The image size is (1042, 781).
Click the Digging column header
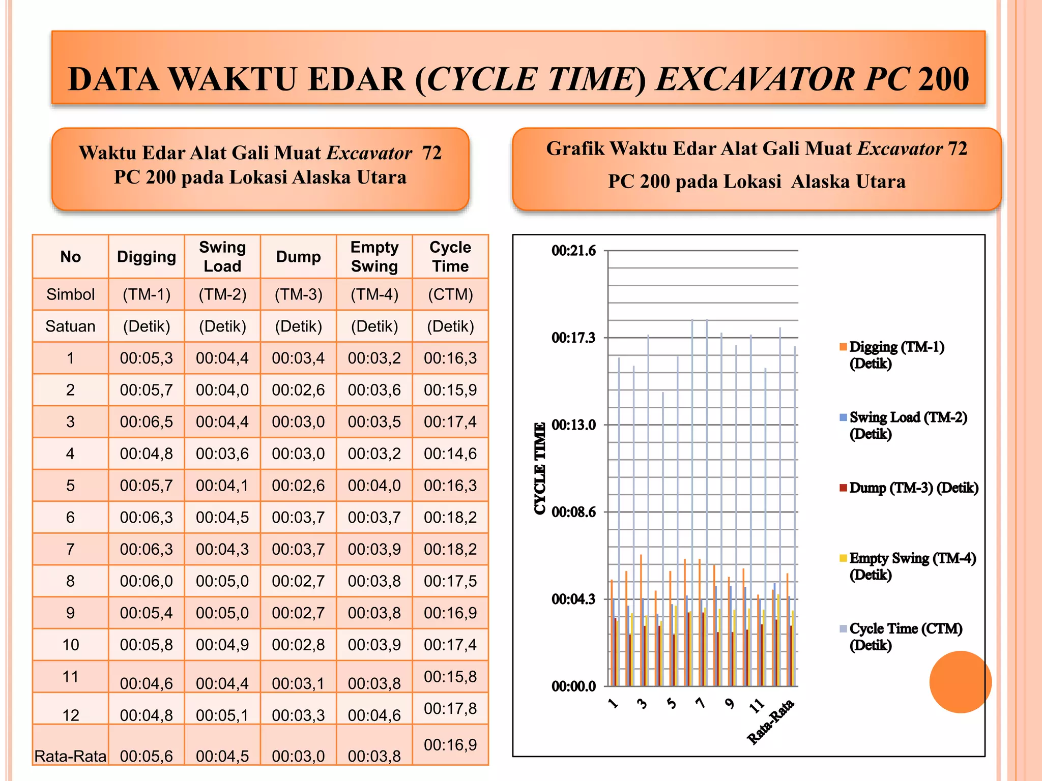point(147,257)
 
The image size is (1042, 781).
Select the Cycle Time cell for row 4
point(450,454)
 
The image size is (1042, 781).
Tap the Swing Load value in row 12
point(222,715)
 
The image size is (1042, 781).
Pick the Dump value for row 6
point(298,517)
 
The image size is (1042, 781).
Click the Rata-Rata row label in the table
point(70,756)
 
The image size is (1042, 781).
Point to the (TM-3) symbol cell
point(299,294)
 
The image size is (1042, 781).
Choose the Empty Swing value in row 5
point(374,486)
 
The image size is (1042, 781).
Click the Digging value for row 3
point(147,422)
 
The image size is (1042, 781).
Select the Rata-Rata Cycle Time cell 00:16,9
point(450,745)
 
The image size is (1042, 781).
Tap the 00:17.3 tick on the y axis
point(573,338)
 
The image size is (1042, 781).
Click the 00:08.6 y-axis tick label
point(573,512)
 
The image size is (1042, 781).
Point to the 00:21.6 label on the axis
point(573,251)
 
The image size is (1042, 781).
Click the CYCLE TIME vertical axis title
point(540,468)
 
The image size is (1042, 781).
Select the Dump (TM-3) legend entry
point(909,488)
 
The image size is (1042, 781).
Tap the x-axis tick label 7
point(701,703)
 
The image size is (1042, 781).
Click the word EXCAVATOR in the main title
point(756,79)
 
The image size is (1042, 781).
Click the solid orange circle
point(961,682)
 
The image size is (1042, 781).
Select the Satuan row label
point(70,326)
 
